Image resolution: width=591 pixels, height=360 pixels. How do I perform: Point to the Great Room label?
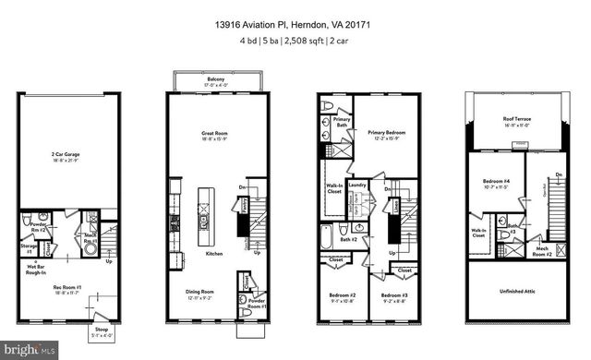[215, 135]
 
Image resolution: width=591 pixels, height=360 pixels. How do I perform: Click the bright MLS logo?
[32, 349]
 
